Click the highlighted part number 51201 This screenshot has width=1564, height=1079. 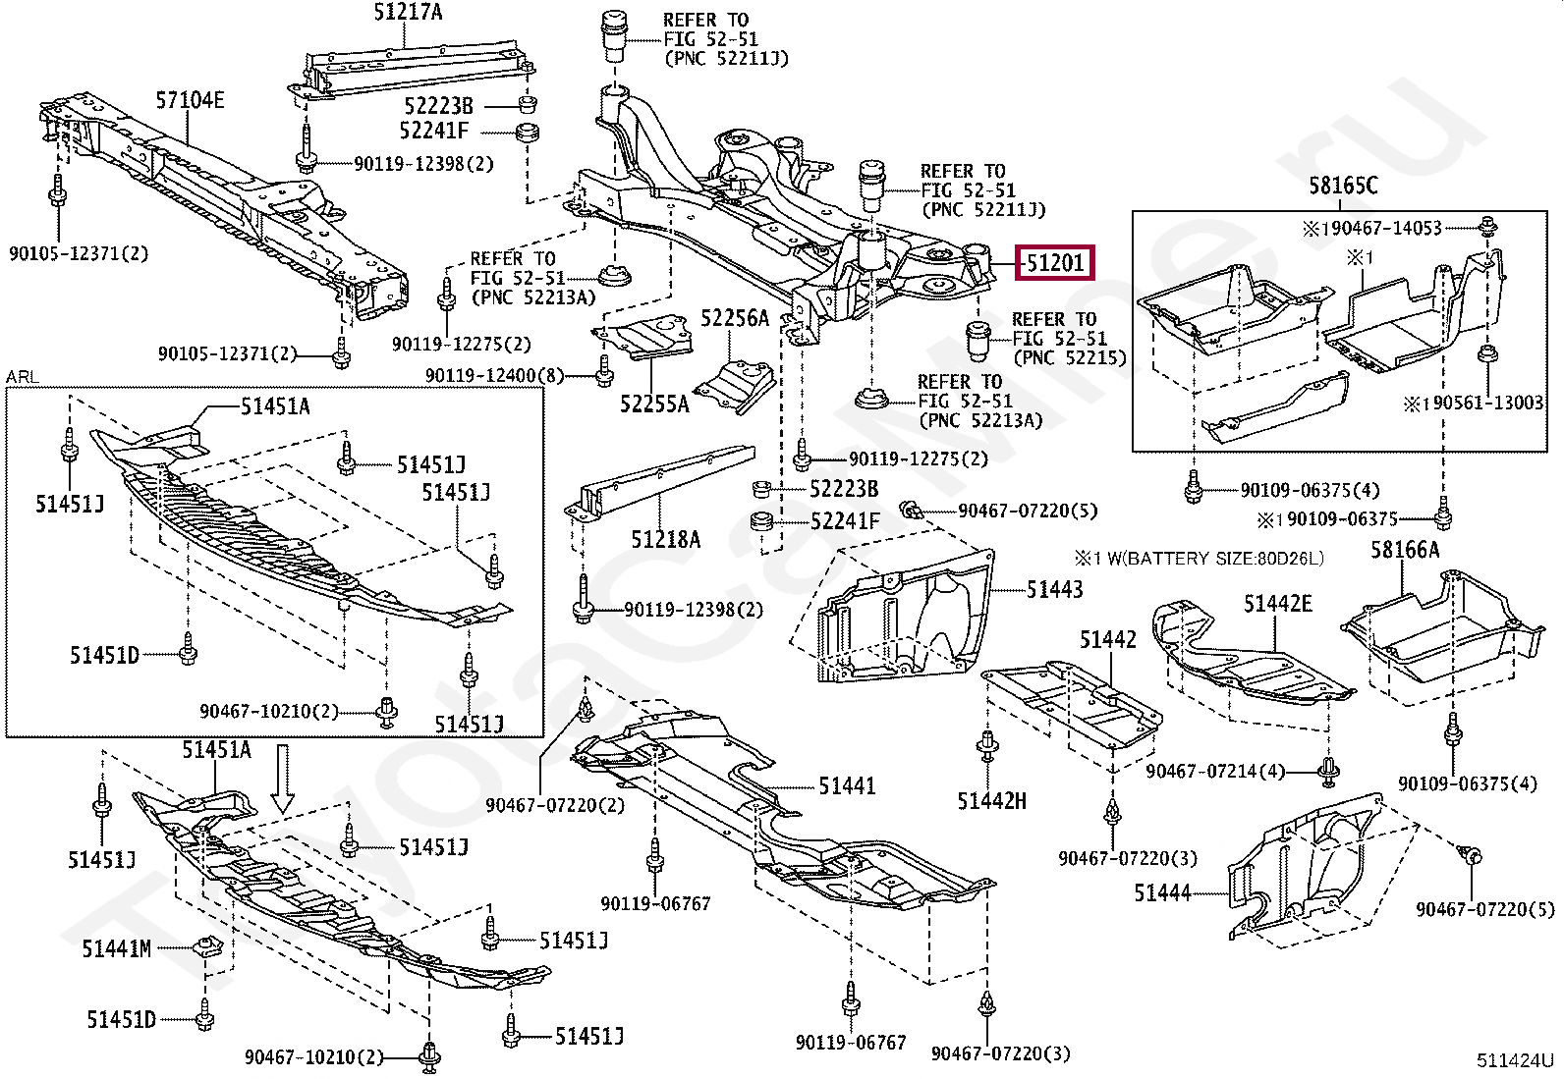(x=1054, y=263)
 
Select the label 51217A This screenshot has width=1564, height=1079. (x=408, y=12)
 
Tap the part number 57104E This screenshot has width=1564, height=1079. (x=190, y=100)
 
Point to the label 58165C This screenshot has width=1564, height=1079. (x=1343, y=186)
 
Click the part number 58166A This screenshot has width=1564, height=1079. (x=1405, y=550)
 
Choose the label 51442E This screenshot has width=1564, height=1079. (x=1277, y=604)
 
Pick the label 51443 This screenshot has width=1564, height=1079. (x=1054, y=589)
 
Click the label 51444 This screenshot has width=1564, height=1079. (x=1162, y=893)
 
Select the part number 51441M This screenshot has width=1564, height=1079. (x=117, y=948)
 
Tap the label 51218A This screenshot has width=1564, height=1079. (x=665, y=539)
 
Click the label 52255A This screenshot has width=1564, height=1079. (x=654, y=404)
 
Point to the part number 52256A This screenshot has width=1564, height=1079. (x=734, y=318)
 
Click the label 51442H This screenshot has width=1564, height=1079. (x=991, y=801)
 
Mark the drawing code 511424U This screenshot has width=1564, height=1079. (x=1515, y=1060)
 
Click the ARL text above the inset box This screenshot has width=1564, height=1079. (x=22, y=377)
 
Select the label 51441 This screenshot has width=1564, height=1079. (x=846, y=785)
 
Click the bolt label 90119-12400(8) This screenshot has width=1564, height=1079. (x=495, y=375)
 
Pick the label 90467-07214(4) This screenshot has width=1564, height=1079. (x=1215, y=772)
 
